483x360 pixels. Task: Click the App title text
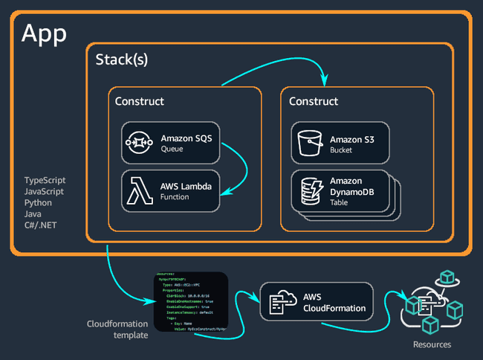[x=45, y=33]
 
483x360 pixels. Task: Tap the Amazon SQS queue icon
[x=140, y=143]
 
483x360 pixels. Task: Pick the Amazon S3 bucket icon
[x=308, y=144]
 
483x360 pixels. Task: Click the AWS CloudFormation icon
[x=278, y=302]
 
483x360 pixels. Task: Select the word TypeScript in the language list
[x=45, y=180]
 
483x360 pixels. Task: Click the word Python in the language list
[x=39, y=202]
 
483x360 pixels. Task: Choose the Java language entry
[x=33, y=213]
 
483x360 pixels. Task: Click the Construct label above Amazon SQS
[x=140, y=101]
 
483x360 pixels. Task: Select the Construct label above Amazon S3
[x=314, y=101]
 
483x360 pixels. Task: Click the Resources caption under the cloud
[x=432, y=344]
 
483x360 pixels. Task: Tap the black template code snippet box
[x=190, y=301]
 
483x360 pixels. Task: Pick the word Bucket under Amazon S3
[x=342, y=150]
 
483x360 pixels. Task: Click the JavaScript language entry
[x=44, y=191]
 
